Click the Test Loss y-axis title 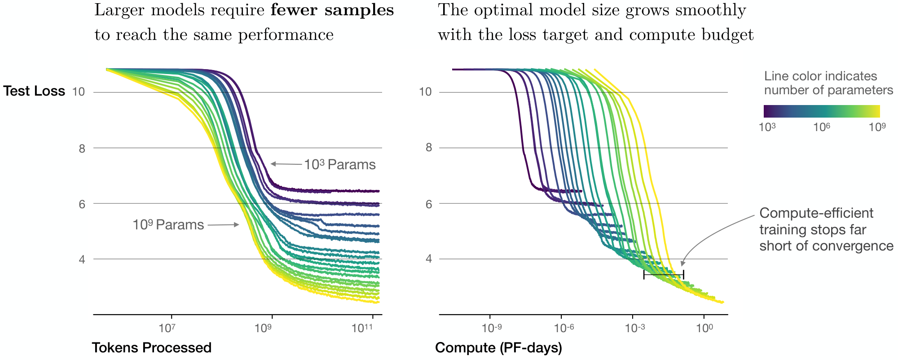tap(34, 91)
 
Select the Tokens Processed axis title tap(152, 348)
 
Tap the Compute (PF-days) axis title tap(498, 348)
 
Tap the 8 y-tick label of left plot tap(82, 149)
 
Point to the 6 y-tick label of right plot tap(428, 204)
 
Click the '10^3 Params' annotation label tap(340, 165)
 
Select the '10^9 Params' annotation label tap(168, 225)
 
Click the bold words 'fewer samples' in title tap(332, 10)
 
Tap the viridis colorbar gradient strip tap(822, 111)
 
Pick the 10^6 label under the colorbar tap(822, 127)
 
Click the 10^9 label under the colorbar tap(877, 127)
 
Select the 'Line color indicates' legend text tap(820, 76)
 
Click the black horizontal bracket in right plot tap(664, 274)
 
